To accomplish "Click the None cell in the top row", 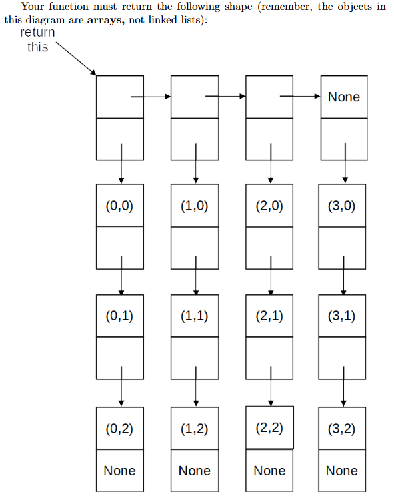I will [343, 97].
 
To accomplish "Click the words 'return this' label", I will [37, 40].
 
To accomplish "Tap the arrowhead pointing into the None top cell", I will [318, 97].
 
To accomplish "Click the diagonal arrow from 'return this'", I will [73, 59].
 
